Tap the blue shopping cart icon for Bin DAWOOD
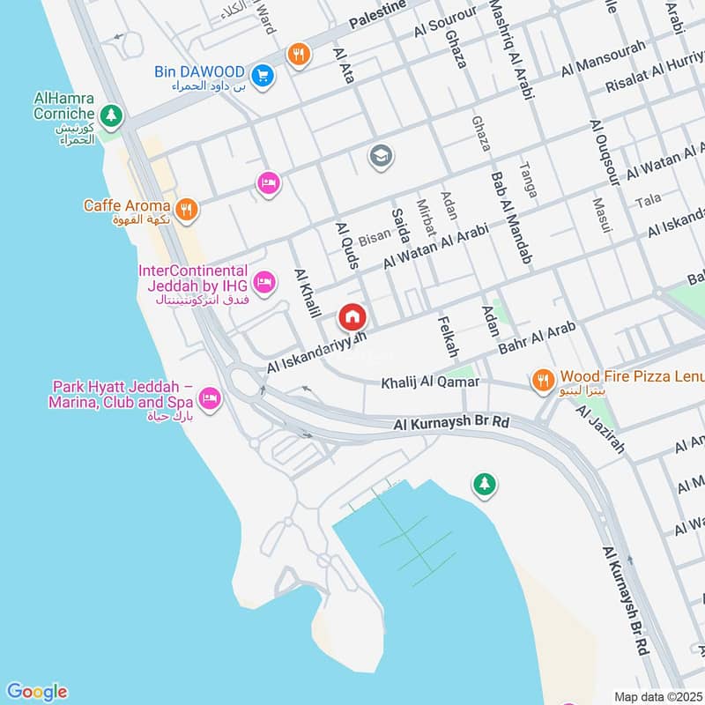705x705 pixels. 262,77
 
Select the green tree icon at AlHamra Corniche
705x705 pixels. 110,115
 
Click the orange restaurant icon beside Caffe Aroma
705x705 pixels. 185,210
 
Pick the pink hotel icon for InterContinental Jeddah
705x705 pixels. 263,283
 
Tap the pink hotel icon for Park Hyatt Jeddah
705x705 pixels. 210,399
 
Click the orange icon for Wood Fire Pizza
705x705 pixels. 543,380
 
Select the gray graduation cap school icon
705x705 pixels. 382,156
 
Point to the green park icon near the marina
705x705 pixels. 484,483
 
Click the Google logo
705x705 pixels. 36,691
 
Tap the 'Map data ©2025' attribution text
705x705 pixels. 657,696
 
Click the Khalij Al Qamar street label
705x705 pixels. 430,382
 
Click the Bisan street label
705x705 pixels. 374,238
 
